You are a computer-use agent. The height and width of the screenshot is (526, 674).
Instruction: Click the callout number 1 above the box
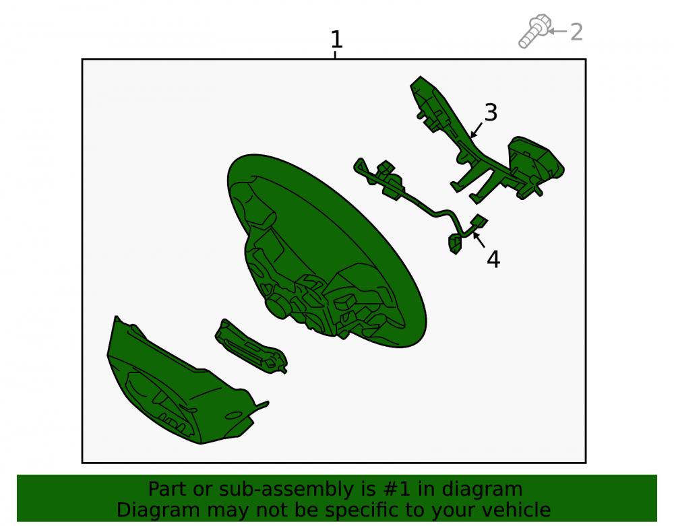(x=336, y=40)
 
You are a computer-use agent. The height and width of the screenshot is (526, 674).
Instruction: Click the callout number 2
(x=576, y=32)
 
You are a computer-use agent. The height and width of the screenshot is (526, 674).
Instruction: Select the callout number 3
(x=491, y=112)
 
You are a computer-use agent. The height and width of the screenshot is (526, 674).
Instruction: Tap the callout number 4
(x=493, y=259)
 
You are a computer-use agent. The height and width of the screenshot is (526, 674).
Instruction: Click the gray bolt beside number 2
(x=534, y=31)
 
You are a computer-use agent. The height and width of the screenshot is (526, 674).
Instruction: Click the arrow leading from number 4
(x=479, y=240)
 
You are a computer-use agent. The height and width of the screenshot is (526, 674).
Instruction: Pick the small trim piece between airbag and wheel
(x=251, y=346)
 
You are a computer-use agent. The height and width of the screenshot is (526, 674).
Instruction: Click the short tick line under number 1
(x=335, y=55)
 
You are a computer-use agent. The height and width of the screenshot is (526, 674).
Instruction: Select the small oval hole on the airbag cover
(x=233, y=416)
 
